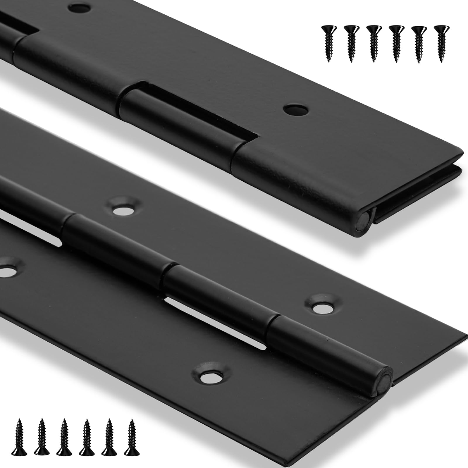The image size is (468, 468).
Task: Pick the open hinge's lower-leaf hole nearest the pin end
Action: pyautogui.click(x=211, y=374)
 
